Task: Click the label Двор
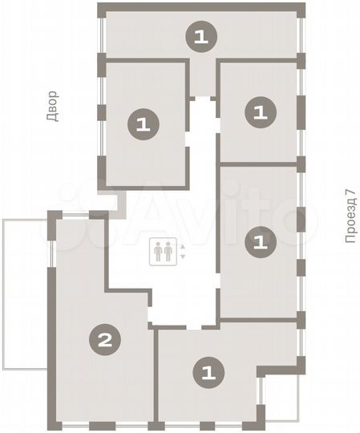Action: pos(52,107)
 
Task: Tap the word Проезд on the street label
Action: pos(349,226)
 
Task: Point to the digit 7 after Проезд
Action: pos(349,195)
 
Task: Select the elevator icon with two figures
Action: pos(162,251)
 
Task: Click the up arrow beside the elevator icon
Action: pos(183,246)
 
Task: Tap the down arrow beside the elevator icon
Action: pos(183,256)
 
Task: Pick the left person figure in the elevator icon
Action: pos(158,251)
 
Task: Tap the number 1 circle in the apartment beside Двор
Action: pos(144,123)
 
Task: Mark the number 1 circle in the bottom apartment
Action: pos(208,371)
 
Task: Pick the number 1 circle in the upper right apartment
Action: pos(258,111)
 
